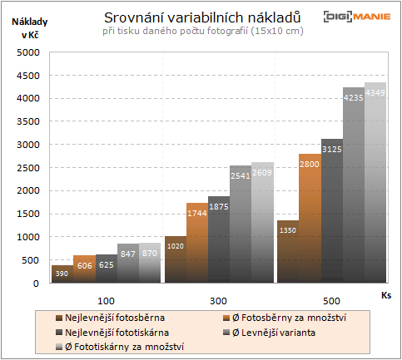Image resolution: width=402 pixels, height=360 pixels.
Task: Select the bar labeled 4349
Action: pos(375,183)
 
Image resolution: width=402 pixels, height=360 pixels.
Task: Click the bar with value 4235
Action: pos(354,185)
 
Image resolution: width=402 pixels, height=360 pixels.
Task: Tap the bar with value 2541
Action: pos(241,224)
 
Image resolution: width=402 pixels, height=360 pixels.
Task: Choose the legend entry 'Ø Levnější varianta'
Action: pos(274,332)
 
